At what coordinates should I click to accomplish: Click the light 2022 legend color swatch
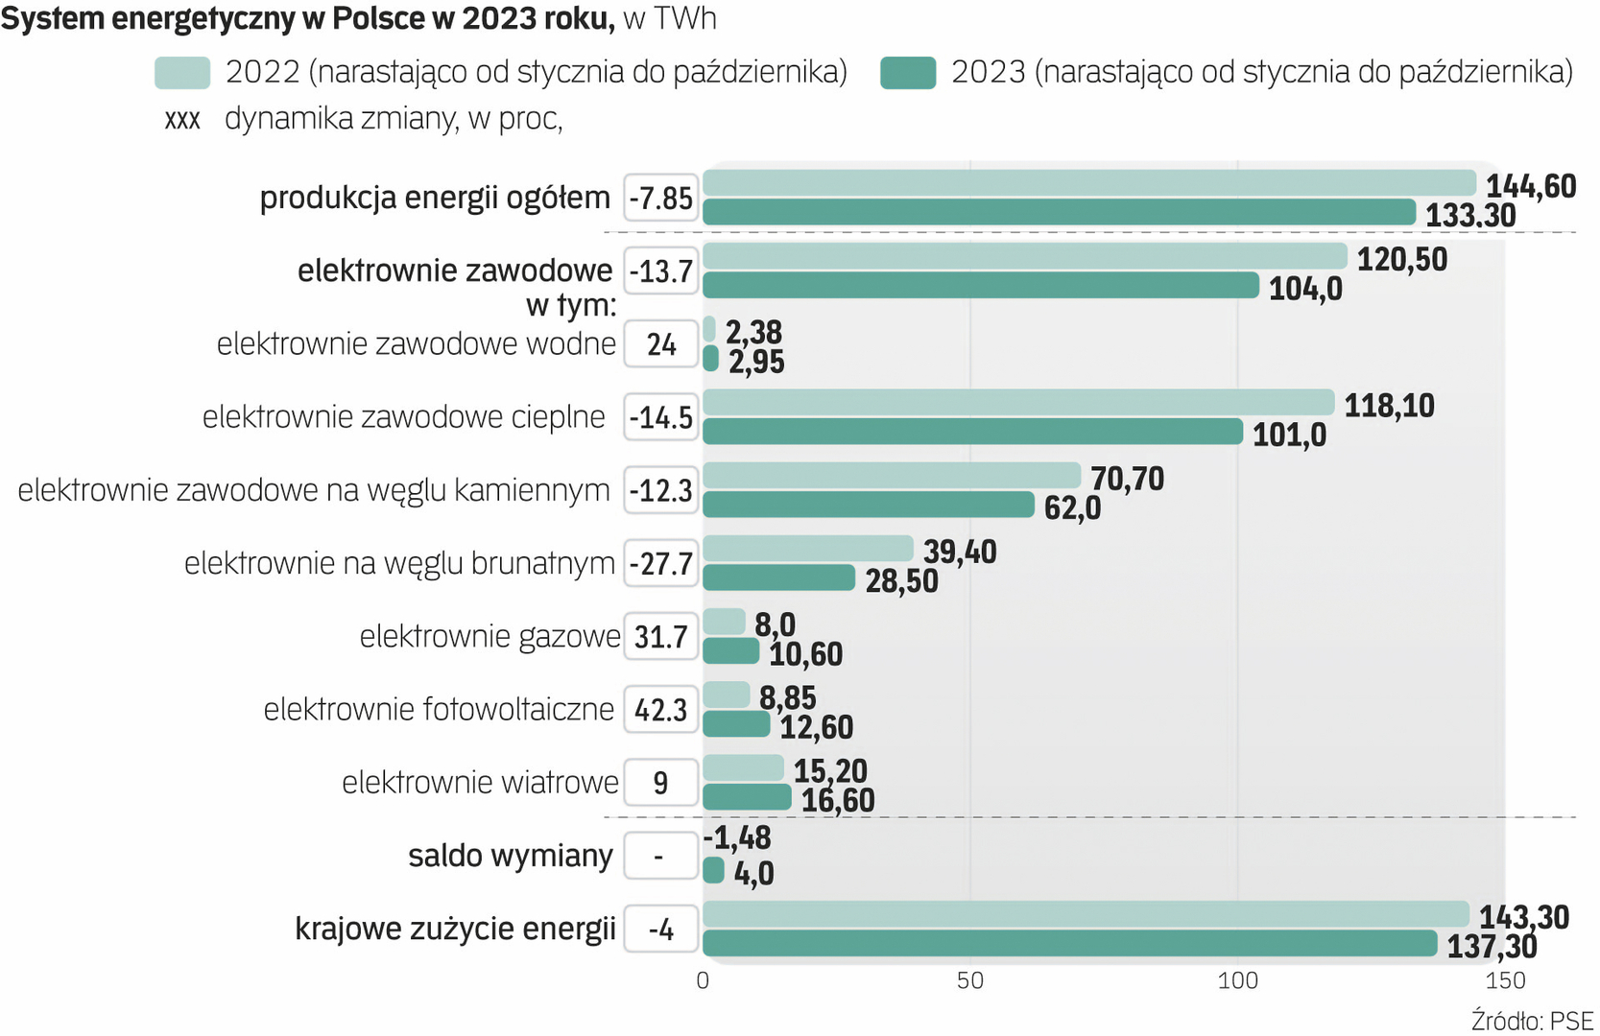point(182,73)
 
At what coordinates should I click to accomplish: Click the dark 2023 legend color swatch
point(907,73)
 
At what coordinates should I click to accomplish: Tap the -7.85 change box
point(660,199)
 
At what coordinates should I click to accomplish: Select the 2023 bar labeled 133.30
point(1059,213)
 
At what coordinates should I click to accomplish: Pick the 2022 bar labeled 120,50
point(1025,256)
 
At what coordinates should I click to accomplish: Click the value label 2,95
point(756,362)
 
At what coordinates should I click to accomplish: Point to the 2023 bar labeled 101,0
point(972,432)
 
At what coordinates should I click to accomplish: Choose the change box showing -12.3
point(660,491)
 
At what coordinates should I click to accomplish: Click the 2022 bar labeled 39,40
point(808,549)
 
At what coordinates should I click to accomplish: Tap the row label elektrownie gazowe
point(490,636)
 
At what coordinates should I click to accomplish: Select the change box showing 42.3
point(660,710)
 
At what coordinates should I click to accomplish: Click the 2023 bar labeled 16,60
point(747,797)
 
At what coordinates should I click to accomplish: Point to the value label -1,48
point(737,838)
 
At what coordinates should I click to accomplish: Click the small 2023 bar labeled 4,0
point(713,871)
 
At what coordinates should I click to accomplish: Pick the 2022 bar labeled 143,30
point(1086,914)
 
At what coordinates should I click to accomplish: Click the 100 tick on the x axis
point(1237,980)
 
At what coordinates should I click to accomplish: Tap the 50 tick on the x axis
point(969,980)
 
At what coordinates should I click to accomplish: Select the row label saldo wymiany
point(511,856)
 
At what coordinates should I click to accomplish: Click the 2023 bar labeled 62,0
point(869,505)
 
